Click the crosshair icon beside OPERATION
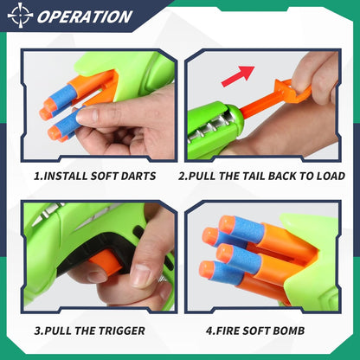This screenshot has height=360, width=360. click(19, 16)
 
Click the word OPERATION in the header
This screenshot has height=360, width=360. click(85, 16)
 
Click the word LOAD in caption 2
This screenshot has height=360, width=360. click(327, 176)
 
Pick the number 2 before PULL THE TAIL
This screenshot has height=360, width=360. click(183, 176)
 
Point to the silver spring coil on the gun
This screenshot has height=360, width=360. click(210, 133)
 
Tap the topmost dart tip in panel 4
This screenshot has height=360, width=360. click(227, 224)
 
